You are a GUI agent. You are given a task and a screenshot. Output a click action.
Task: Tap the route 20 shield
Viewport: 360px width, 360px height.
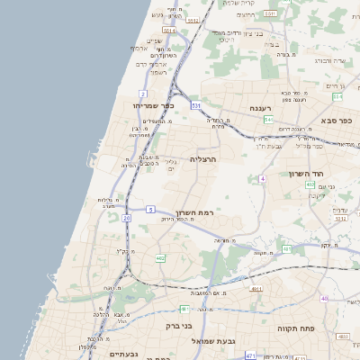click(x=127, y=218)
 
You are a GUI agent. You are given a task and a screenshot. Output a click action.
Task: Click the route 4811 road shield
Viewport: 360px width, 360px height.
click(x=256, y=289)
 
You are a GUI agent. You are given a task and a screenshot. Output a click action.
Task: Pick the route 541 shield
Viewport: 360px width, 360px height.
click(x=268, y=119)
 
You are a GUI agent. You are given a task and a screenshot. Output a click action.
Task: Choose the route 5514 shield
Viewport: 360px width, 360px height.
click(x=169, y=30)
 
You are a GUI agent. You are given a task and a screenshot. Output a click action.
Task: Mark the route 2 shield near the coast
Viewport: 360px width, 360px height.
click(x=142, y=94)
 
